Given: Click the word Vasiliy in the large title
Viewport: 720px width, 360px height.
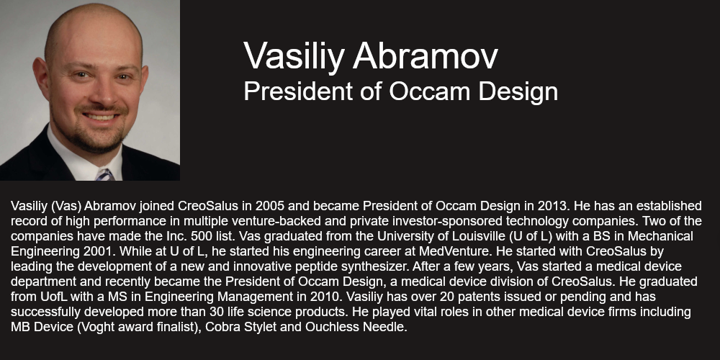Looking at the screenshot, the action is [x=294, y=56].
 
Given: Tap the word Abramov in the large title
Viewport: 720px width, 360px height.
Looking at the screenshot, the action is [x=426, y=55].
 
